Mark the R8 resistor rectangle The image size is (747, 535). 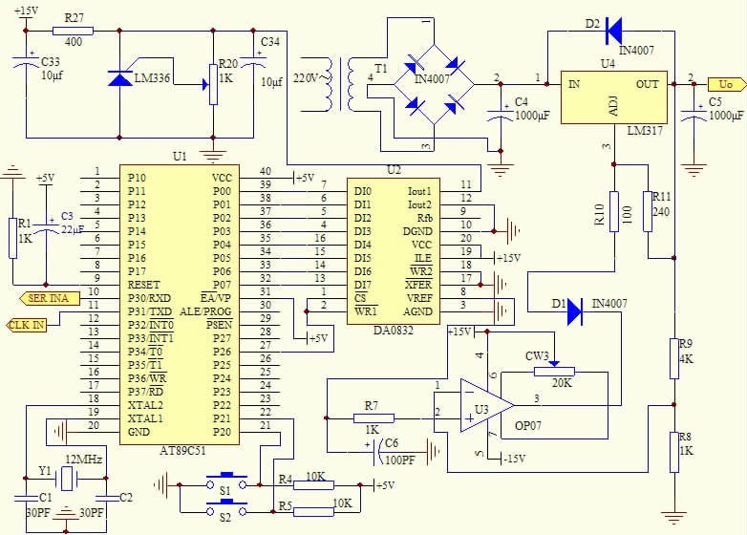[x=673, y=451]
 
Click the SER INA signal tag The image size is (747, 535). [x=43, y=298]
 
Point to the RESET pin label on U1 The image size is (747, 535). [x=143, y=285]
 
